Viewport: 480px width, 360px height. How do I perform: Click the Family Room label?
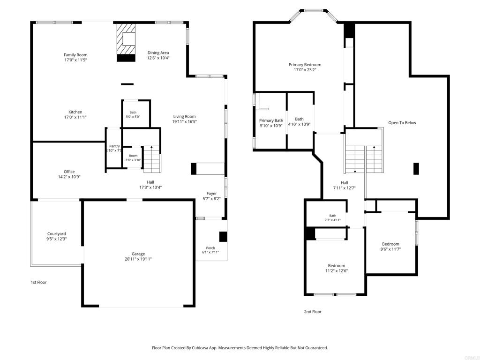click(x=75, y=55)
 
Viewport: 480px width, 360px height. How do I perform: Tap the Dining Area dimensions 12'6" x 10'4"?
click(x=158, y=58)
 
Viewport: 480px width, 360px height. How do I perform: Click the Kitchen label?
click(x=75, y=112)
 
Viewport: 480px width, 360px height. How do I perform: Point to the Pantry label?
click(x=114, y=146)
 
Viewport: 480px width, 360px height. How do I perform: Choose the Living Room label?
click(x=184, y=116)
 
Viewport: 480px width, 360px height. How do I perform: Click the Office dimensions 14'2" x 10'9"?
click(x=69, y=177)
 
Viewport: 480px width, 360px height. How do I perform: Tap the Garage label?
click(x=138, y=254)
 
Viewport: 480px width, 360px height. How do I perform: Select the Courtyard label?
click(x=57, y=233)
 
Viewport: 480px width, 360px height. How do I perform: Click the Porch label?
click(x=210, y=248)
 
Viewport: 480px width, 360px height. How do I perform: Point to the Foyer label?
click(x=211, y=194)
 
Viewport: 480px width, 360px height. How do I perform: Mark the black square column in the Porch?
click(x=223, y=237)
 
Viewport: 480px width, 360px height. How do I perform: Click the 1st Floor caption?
click(x=38, y=282)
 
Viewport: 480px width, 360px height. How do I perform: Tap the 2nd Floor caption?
click(x=313, y=312)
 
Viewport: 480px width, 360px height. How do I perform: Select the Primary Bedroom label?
click(x=305, y=65)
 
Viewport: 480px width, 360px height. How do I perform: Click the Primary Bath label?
click(x=271, y=120)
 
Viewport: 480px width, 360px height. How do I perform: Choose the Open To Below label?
click(x=402, y=123)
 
